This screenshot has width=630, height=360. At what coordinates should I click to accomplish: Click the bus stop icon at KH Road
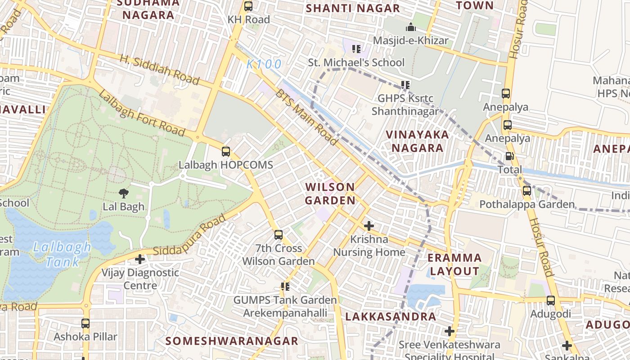(x=248, y=6)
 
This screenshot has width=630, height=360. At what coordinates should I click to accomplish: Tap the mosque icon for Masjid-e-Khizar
(x=410, y=27)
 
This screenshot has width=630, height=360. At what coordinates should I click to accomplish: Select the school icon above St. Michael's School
(x=356, y=49)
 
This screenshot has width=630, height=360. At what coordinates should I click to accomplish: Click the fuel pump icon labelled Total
(x=509, y=156)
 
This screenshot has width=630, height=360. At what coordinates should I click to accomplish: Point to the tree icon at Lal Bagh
(x=123, y=193)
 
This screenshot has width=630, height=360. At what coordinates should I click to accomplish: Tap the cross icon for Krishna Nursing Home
(x=369, y=225)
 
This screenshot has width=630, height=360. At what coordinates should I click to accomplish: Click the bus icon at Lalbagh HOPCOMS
(x=226, y=152)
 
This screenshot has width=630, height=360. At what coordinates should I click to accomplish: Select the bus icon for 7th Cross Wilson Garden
(x=279, y=234)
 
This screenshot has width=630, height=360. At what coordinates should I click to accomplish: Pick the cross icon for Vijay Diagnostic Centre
(x=140, y=259)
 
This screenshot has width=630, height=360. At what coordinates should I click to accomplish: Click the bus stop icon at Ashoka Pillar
(x=85, y=323)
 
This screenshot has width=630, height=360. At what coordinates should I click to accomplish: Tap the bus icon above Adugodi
(x=550, y=300)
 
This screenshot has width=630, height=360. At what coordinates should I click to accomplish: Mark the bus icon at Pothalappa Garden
(x=526, y=191)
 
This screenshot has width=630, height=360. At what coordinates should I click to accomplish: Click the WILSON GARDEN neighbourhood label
(x=330, y=193)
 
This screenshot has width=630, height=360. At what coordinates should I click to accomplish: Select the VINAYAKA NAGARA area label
(x=417, y=141)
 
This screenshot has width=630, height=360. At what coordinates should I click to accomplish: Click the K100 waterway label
(x=264, y=64)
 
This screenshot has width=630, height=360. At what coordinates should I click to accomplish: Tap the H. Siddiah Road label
(x=159, y=70)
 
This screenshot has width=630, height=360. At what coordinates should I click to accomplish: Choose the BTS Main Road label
(x=306, y=117)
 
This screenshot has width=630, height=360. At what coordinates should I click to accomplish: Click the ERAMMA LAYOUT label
(x=454, y=265)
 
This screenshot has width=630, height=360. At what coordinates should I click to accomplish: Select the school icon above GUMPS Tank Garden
(x=285, y=286)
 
